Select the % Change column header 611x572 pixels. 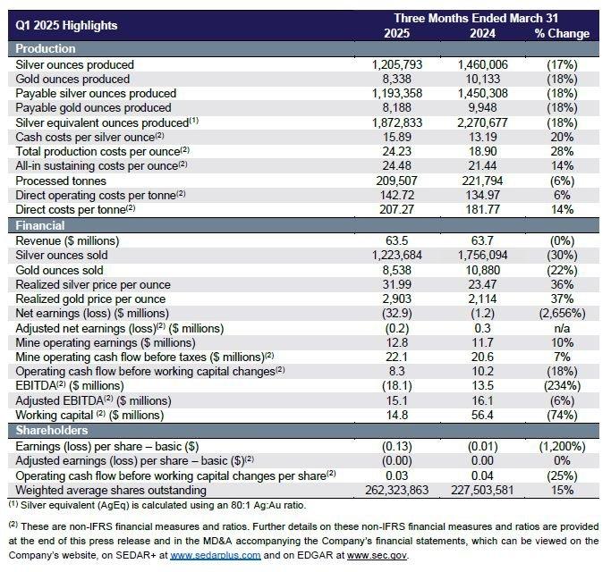coord(562,34)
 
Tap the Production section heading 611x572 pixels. coord(46,48)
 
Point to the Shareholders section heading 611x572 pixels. coord(53,430)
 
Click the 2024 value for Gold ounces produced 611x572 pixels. coord(483,79)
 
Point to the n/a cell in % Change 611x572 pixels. coord(562,327)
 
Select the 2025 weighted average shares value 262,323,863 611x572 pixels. coord(404,489)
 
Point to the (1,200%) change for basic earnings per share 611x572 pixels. coord(562,446)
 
